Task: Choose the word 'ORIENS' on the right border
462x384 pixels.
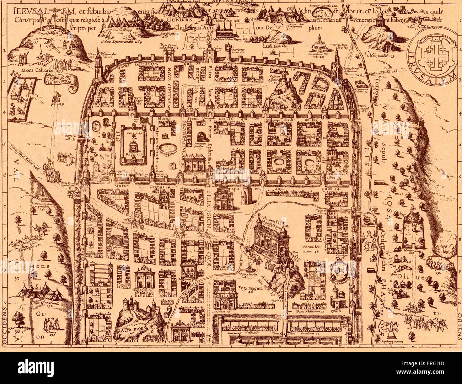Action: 458,327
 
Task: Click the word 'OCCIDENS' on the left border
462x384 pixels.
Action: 4,327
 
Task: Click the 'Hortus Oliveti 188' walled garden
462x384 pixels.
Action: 414,231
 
